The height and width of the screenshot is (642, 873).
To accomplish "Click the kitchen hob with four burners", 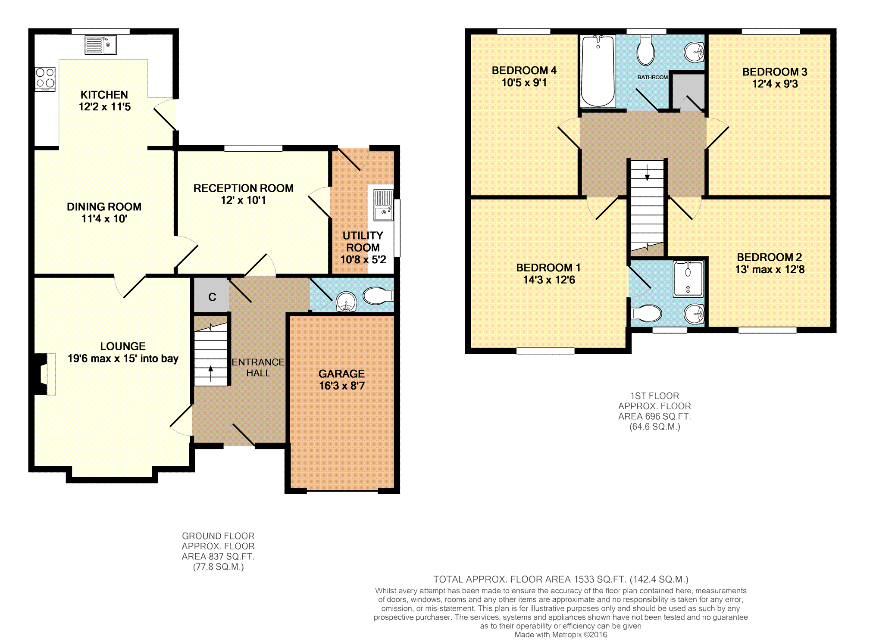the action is tap(45, 79).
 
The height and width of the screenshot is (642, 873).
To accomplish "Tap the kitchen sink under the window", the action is tap(101, 45).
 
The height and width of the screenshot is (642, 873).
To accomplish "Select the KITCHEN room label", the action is tap(104, 95).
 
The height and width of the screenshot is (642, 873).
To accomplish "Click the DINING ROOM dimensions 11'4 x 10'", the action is tap(104, 219).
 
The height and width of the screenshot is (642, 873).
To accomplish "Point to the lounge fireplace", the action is tap(45, 374).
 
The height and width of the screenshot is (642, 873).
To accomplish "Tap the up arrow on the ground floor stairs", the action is tap(211, 374).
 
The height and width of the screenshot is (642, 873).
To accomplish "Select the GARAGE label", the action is tap(341, 374).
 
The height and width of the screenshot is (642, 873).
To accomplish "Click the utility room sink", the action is tap(383, 204).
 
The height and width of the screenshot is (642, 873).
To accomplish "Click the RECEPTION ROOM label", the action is tap(243, 188).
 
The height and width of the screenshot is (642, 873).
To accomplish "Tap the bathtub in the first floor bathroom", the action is tap(598, 71).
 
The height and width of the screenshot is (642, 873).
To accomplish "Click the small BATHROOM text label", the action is tap(652, 77).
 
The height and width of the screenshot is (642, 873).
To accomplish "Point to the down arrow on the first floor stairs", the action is tap(647, 172).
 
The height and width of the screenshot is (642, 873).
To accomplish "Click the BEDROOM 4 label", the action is tap(524, 70).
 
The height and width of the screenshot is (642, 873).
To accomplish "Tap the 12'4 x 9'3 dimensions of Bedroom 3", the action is tap(775, 84).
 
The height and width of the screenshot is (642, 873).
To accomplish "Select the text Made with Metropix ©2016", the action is tap(560, 635).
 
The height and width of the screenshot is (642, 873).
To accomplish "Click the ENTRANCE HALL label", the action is tap(258, 368).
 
